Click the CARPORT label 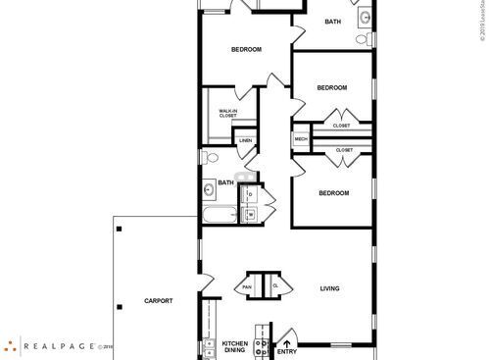[x=158, y=300]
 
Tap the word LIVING [x=329, y=288]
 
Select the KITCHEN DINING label [x=233, y=347]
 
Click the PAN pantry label [x=248, y=285]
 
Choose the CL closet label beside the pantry [x=275, y=285]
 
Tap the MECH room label [x=300, y=139]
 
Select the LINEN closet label [x=245, y=140]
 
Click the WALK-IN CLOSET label [x=227, y=114]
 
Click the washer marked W [x=250, y=214]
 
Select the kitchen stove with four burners [x=261, y=345]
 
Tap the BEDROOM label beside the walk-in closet [x=246, y=49]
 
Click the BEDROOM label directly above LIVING [x=333, y=193]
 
